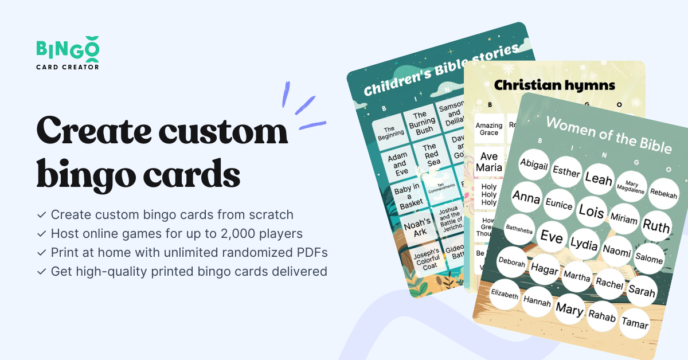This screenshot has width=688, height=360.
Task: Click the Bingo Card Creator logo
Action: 68,54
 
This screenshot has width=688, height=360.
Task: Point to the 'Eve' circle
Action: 552,236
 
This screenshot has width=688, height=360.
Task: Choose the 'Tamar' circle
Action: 635,324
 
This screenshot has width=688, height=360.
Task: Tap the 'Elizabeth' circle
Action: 505,295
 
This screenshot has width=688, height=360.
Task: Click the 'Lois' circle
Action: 591,211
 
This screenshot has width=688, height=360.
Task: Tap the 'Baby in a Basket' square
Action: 410,194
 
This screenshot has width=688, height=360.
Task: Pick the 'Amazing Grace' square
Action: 489,129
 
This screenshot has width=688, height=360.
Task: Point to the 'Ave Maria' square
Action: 490,162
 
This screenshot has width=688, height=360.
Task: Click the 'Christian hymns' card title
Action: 554,85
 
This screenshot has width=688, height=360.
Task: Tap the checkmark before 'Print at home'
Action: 42,252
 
